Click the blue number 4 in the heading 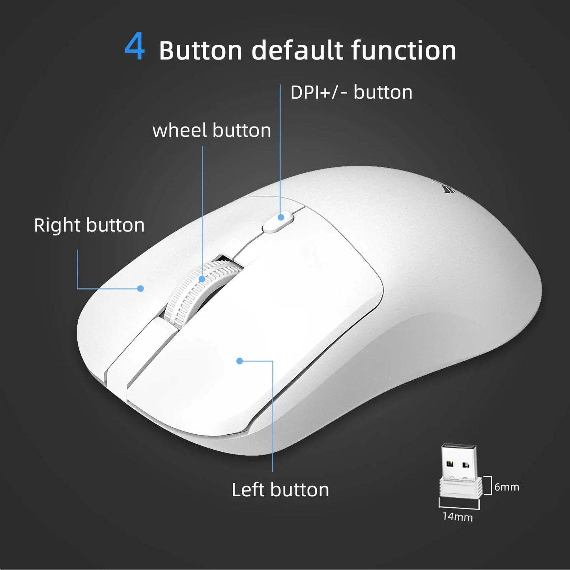click(x=135, y=49)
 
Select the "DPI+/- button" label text click(x=351, y=93)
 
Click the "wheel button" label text click(x=211, y=131)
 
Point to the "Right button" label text click(x=89, y=225)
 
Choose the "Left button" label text click(x=280, y=490)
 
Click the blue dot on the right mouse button click(x=140, y=288)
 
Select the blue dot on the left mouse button click(x=239, y=361)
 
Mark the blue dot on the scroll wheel click(x=202, y=279)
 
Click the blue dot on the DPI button click(x=281, y=217)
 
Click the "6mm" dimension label click(x=506, y=487)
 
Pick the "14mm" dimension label click(x=457, y=516)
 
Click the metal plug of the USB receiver click(x=459, y=462)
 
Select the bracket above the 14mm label click(x=459, y=503)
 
